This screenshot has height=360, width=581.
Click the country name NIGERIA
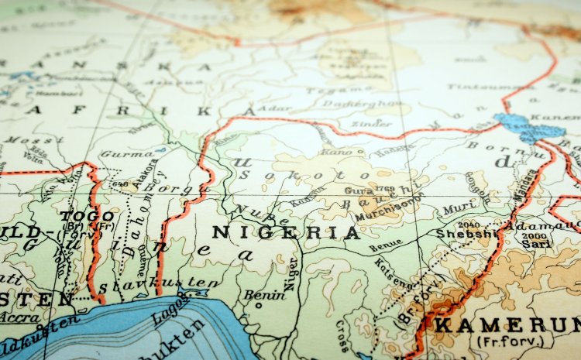(286, 232)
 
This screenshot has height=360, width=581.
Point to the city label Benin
(265, 295)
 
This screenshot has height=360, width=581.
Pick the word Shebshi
(464, 233)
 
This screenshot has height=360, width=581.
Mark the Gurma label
(116, 154)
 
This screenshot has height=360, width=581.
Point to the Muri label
(456, 208)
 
